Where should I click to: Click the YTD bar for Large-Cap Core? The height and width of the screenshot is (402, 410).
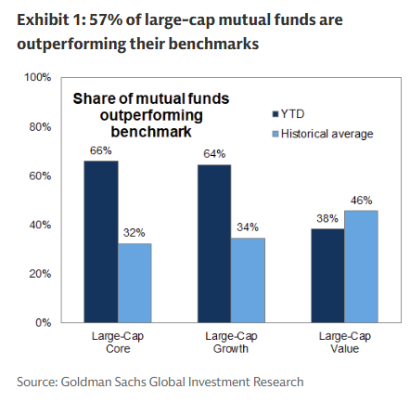[101, 241]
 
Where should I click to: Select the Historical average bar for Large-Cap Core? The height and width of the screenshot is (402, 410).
[135, 283]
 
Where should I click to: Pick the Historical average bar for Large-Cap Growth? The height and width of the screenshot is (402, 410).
[248, 280]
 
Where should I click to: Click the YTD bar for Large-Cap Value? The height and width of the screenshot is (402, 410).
[327, 276]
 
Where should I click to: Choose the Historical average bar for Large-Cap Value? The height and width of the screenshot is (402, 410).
[361, 266]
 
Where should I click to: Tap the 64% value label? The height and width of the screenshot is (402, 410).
[214, 155]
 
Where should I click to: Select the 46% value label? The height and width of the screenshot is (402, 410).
[362, 200]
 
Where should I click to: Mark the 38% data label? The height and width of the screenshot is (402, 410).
[327, 219]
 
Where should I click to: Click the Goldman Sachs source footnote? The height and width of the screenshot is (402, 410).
[160, 382]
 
